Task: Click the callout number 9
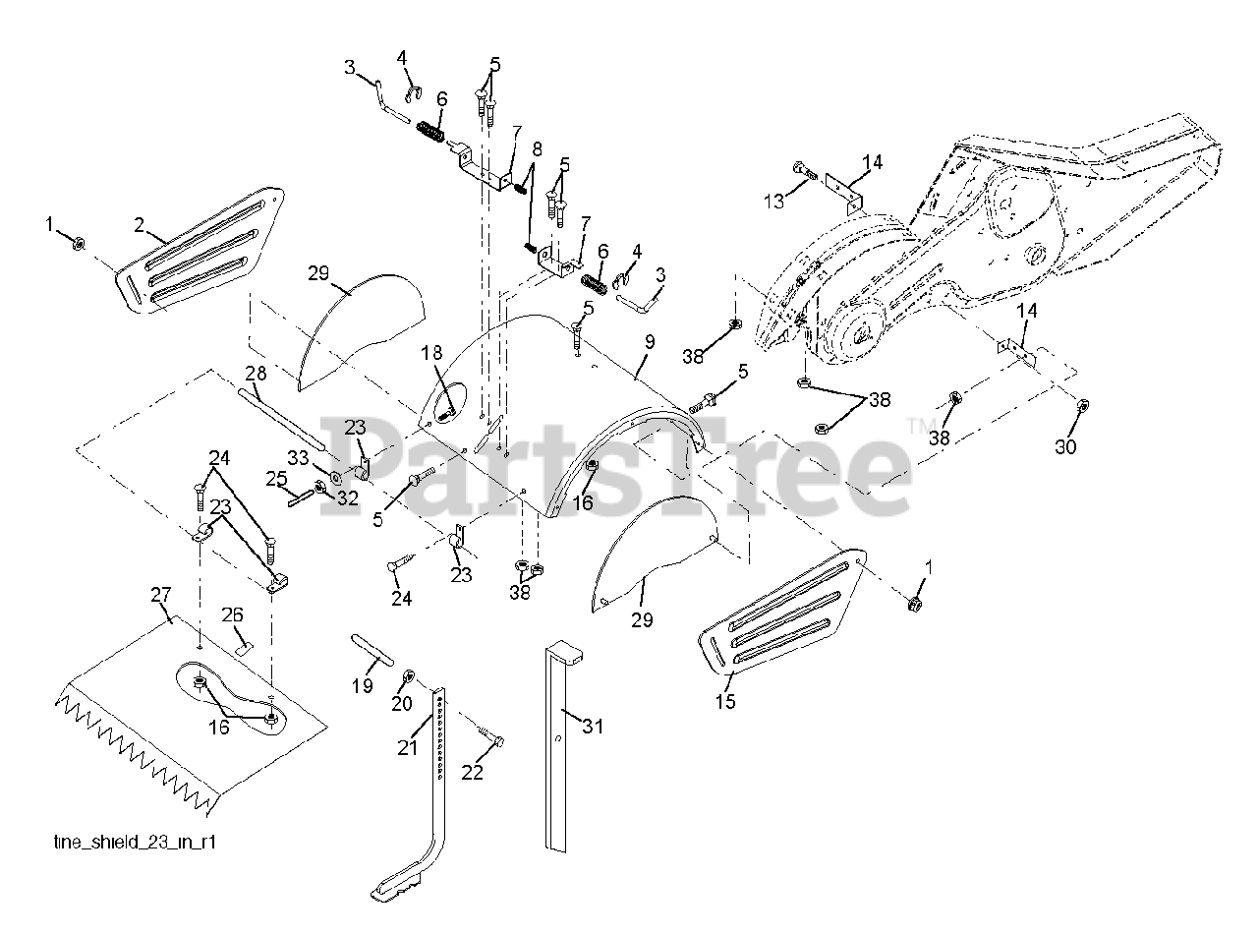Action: pyautogui.click(x=650, y=343)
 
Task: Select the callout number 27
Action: pyautogui.click(x=160, y=595)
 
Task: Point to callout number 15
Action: pyautogui.click(x=725, y=702)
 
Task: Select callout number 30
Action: pyautogui.click(x=1065, y=446)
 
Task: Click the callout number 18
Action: pyautogui.click(x=433, y=353)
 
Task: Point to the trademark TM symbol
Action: pyautogui.click(x=917, y=425)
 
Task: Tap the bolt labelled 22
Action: pyautogui.click(x=491, y=736)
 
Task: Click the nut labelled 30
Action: pyautogui.click(x=1082, y=406)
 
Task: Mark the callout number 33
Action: pyautogui.click(x=298, y=457)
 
